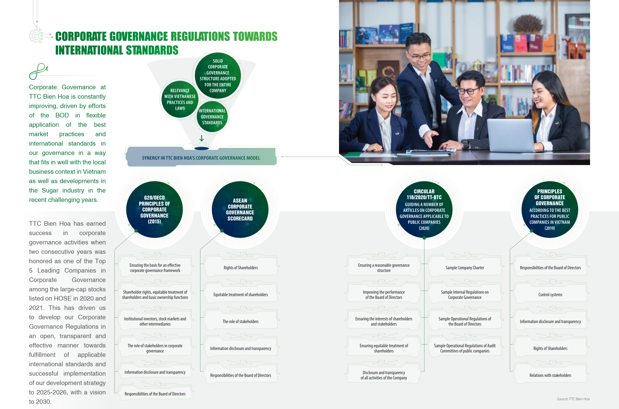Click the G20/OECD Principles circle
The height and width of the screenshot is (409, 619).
pyautogui.click(x=154, y=209)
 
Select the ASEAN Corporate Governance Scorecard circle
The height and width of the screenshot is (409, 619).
pyautogui.click(x=240, y=209)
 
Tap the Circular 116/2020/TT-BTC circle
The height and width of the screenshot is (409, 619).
pyautogui.click(x=424, y=209)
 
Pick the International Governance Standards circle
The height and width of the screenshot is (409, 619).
pyautogui.click(x=212, y=117)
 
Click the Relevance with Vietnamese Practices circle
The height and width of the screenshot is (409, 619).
pyautogui.click(x=180, y=99)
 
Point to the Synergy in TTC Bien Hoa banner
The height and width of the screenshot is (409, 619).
pyautogui.click(x=201, y=156)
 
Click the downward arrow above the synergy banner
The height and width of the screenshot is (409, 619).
pyautogui.click(x=202, y=138)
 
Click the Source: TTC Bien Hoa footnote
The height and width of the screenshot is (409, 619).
pyautogui.click(x=573, y=399)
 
